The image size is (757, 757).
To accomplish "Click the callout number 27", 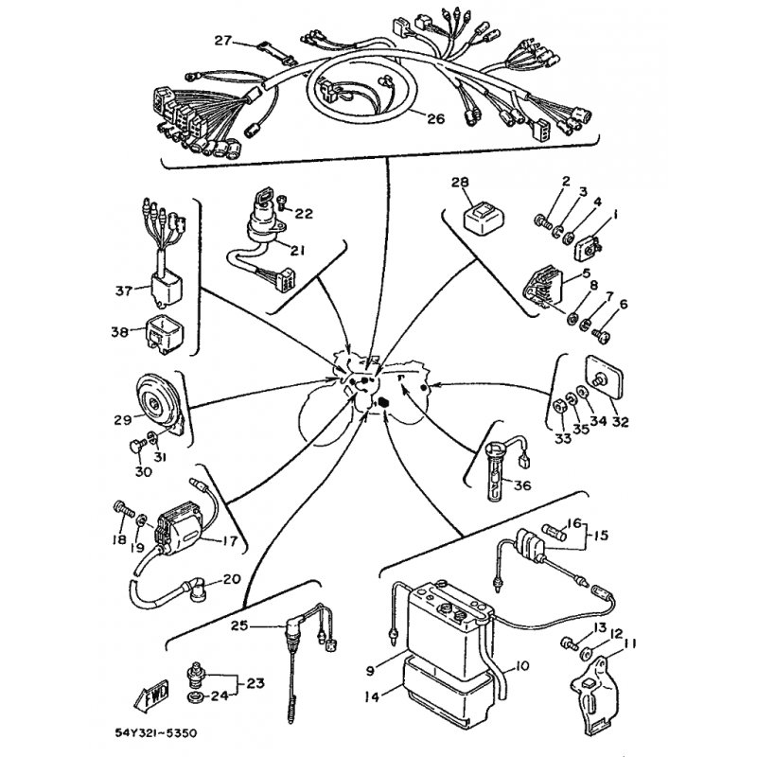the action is (223, 41).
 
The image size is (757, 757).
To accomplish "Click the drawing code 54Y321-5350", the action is (155, 733).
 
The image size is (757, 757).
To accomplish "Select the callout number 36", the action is (522, 484).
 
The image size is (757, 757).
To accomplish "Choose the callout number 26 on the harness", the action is (435, 118).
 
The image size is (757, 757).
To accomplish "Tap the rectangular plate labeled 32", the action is (604, 378).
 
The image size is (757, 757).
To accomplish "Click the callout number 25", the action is (239, 625).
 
